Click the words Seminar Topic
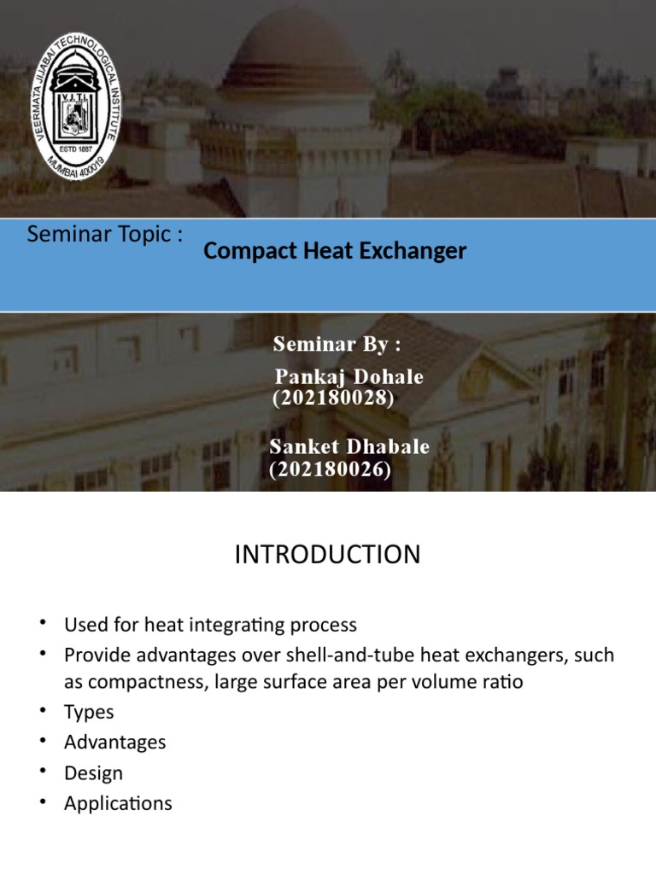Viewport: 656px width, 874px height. [104, 236]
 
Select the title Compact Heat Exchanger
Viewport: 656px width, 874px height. [335, 251]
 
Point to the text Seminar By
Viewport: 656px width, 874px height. [337, 344]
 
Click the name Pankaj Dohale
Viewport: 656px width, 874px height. [348, 376]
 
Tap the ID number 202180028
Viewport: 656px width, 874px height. [332, 398]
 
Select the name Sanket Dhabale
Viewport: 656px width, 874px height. [349, 447]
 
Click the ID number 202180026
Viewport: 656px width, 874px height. [331, 469]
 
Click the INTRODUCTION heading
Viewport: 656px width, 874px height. [327, 555]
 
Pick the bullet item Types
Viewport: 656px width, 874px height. [89, 712]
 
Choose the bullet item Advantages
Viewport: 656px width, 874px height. [115, 743]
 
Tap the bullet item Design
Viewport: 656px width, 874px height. [94, 773]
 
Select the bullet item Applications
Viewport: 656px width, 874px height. [118, 804]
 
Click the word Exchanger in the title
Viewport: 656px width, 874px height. [417, 251]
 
